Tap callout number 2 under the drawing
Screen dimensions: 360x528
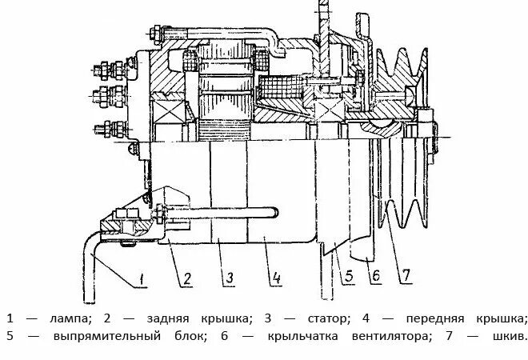[x=186, y=279]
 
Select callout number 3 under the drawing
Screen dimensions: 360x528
[x=229, y=279]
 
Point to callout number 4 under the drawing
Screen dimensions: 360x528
[x=275, y=279]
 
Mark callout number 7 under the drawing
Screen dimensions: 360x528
[x=406, y=277]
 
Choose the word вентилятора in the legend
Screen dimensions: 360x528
[x=388, y=337]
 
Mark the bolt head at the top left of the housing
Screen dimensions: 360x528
[x=154, y=34]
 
